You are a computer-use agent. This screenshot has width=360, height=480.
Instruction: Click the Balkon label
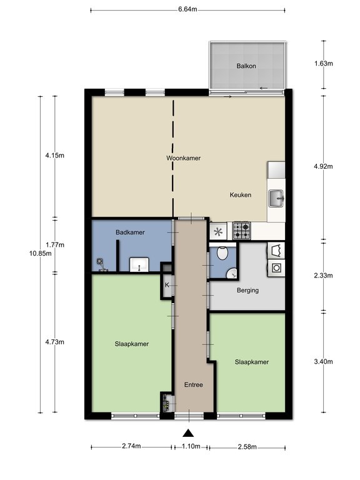pos(246,66)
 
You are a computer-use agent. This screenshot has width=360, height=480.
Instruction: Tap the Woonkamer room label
pos(183,158)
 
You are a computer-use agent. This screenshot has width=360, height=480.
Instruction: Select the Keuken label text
pos(240,195)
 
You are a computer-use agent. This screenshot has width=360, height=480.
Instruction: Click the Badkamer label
pos(130,232)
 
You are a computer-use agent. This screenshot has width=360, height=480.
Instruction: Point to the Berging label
pos(247,291)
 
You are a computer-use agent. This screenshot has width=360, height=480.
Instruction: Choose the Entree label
pos(193,385)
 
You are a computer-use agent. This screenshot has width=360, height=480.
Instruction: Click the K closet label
pos(167,286)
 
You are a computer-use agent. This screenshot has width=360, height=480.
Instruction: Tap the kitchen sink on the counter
pos(276,199)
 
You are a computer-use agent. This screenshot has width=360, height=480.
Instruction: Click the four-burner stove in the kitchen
pos(242,232)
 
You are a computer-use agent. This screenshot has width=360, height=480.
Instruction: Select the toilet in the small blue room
pos(221,255)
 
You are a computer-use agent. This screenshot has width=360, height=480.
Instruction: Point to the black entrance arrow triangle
pos(187,434)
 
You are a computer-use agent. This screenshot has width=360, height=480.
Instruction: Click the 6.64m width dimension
pos(187,9)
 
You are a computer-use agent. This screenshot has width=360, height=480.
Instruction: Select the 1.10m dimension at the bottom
pos(191,446)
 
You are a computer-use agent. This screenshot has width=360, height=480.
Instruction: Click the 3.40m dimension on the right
pos(323,362)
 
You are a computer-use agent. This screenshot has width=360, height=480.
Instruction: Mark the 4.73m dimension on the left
pos(55,342)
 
